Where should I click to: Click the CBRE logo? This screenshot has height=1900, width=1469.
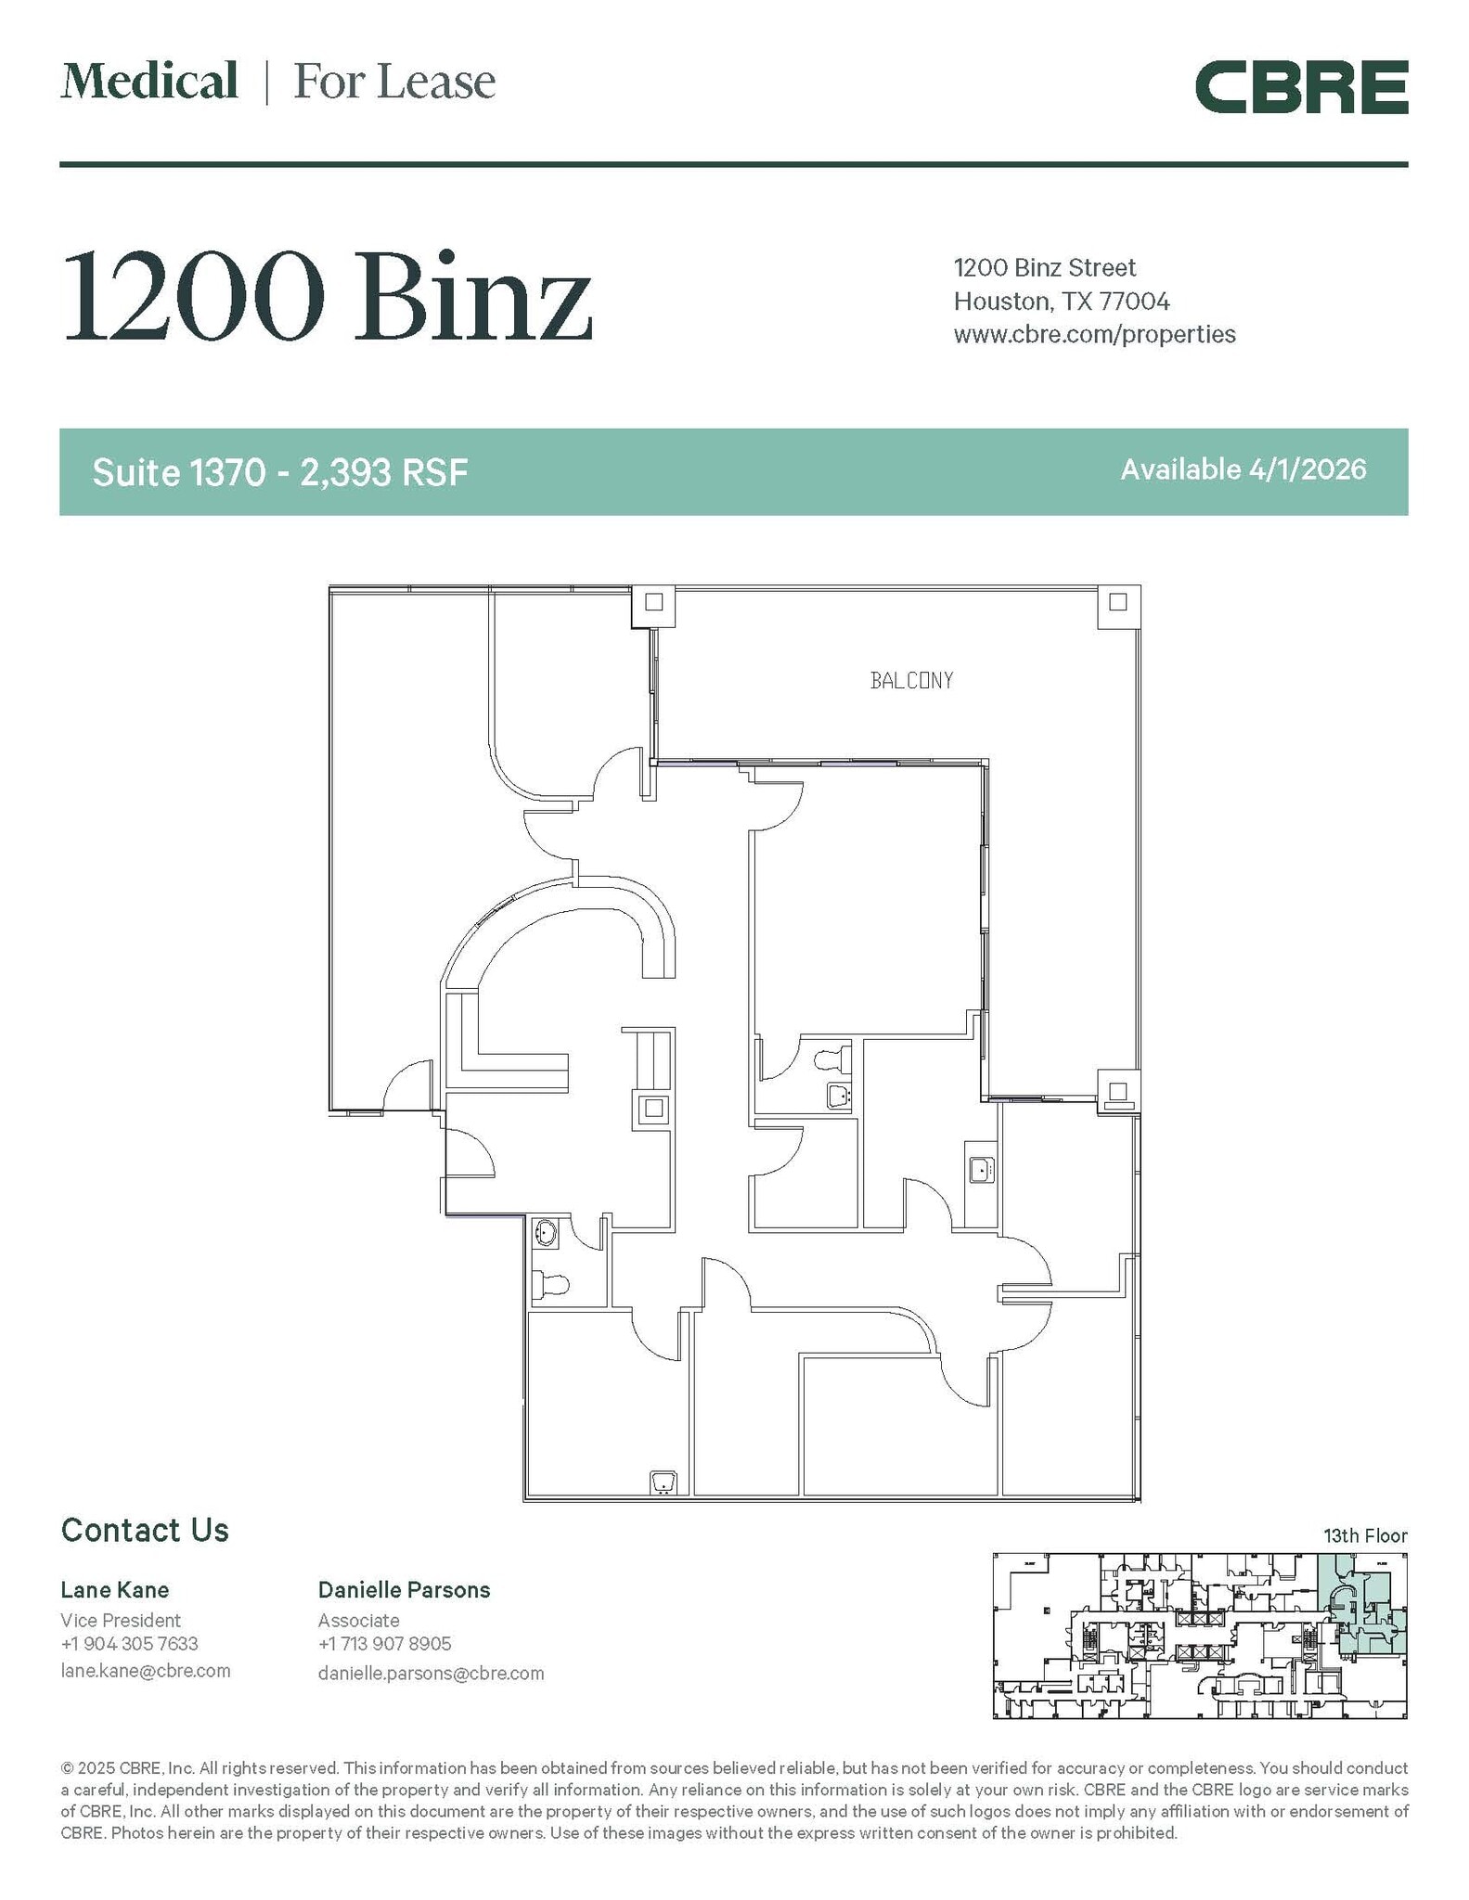[x=1300, y=87]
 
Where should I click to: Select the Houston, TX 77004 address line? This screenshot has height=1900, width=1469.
[x=1061, y=302]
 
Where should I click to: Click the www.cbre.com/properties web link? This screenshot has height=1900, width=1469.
[x=1093, y=334]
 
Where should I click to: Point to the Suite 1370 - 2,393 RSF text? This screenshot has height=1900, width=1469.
[x=279, y=472]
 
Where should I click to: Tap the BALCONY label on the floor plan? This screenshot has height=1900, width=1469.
[x=910, y=681]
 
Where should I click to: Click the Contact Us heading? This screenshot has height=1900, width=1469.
[x=145, y=1530]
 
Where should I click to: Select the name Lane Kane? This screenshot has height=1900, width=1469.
[x=114, y=1590]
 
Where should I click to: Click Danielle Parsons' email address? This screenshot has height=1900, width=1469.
[x=431, y=1673]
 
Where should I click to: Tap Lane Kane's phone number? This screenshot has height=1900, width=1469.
[x=129, y=1643]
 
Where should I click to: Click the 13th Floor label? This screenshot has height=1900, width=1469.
[x=1364, y=1535]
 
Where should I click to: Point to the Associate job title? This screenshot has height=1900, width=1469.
[x=358, y=1620]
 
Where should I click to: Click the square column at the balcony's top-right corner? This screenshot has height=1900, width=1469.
[x=1117, y=602]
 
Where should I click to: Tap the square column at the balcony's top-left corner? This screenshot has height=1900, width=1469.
[x=653, y=602]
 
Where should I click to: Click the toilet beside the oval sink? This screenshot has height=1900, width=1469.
[x=551, y=1286]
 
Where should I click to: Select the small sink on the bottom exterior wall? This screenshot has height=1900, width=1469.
[x=663, y=1482]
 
